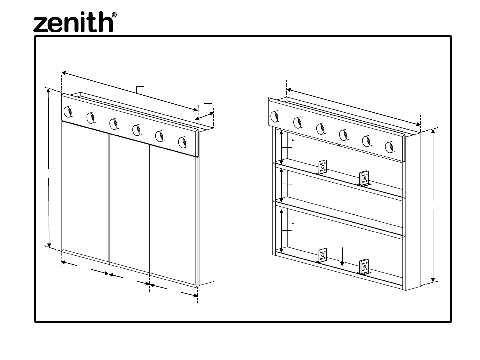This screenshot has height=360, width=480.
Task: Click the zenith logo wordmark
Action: point(73,22)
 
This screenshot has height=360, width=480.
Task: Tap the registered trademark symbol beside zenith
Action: point(114,15)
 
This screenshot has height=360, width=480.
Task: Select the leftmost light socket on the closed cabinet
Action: point(68,111)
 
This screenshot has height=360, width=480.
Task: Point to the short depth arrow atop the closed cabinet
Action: point(204,116)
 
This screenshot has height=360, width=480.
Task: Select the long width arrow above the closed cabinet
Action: point(129,91)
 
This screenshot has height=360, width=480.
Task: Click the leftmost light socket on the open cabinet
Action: point(275,116)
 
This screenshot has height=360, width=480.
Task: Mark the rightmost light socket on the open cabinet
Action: point(389,147)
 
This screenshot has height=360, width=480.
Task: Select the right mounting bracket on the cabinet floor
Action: point(364,267)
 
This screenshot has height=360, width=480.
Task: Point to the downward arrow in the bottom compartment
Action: point(342,257)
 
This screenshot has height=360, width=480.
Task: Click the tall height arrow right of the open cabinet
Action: point(433,206)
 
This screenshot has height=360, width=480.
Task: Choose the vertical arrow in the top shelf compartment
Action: point(281,147)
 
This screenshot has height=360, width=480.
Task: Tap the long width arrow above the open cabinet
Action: point(354,107)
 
